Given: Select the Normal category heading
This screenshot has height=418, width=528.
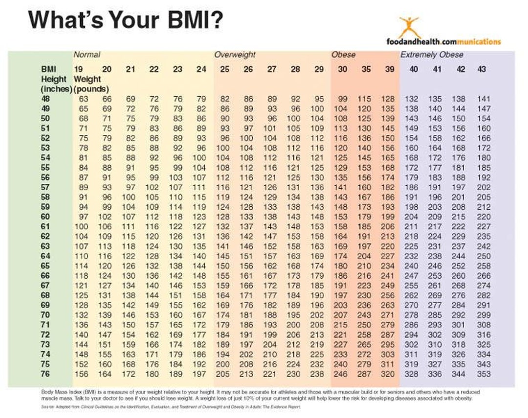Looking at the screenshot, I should (87, 55).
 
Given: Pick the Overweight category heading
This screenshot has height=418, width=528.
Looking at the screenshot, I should (235, 55).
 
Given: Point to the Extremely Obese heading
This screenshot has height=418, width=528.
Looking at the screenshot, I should (432, 55).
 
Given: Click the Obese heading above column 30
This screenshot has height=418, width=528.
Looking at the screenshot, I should (344, 55).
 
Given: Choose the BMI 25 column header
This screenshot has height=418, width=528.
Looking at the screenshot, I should (224, 69).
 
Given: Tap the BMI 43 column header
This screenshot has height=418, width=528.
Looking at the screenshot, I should (482, 69).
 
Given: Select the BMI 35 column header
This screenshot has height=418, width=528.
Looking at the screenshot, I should (366, 69).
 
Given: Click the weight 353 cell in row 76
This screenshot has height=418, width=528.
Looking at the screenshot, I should (483, 374).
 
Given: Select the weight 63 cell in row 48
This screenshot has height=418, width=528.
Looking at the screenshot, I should (83, 99).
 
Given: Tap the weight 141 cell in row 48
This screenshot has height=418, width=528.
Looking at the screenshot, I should (483, 99).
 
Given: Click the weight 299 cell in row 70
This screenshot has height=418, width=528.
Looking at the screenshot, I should (483, 315).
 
